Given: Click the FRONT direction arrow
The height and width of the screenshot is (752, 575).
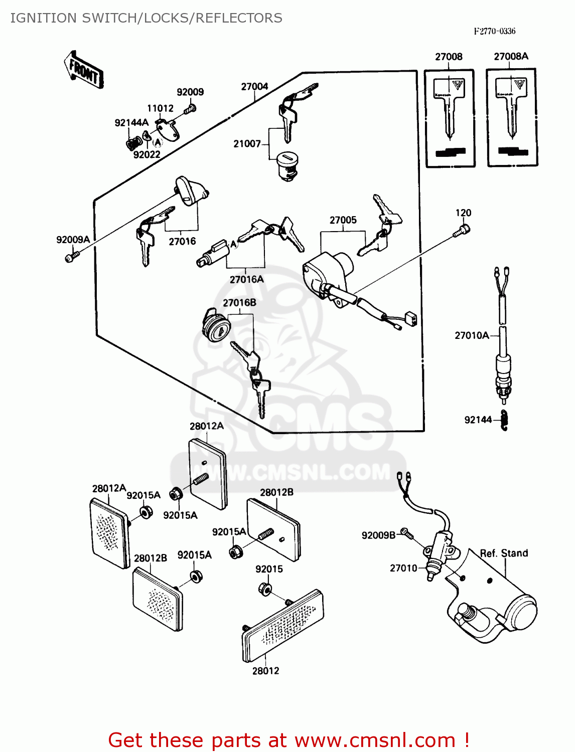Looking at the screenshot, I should coord(84,71).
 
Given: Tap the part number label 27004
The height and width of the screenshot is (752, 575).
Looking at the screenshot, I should coord(254,87).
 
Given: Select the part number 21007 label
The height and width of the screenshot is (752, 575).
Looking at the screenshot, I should coord(247,144).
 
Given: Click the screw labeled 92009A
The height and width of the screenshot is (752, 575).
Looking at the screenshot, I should coord(70,257).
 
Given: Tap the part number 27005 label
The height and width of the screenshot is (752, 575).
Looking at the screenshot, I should coord(343,220).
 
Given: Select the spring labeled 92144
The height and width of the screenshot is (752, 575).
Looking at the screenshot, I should coord(504,420).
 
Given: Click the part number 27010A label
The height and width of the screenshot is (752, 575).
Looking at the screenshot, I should coord(472,335).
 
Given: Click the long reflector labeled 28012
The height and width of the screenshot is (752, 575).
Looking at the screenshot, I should coord(282,627).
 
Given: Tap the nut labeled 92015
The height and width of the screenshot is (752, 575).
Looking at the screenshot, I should coord(264,589).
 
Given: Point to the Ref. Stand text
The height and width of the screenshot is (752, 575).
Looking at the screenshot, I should coord(504,553).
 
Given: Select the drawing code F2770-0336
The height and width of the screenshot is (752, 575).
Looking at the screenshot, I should coord(494,31).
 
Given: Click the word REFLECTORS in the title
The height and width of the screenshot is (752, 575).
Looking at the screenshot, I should coord(239,18).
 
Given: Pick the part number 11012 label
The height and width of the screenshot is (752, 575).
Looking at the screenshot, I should coord(160,108).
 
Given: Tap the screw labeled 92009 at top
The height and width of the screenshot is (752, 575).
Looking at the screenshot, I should coord(190,107).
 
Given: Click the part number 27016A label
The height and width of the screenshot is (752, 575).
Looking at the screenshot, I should coord(246,280).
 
